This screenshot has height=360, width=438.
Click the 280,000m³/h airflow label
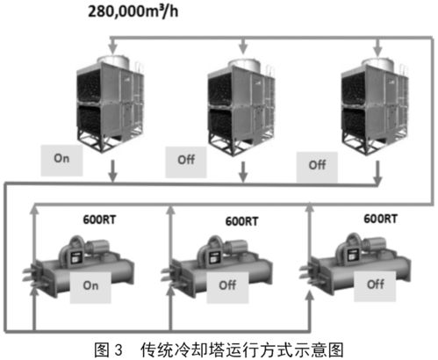[x=133, y=11]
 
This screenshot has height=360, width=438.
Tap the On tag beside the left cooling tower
[x=61, y=161]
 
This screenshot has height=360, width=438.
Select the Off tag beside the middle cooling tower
[x=186, y=162]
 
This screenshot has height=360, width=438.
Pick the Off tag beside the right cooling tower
[x=317, y=167]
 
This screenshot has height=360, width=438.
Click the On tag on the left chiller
[x=90, y=287]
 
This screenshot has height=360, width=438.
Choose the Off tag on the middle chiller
[x=227, y=287]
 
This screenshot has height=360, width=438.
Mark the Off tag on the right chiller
[x=375, y=286]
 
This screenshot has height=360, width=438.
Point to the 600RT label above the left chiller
[x=99, y=220]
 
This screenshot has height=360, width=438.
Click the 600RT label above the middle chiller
[x=241, y=221]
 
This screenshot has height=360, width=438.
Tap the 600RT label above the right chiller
[x=380, y=219]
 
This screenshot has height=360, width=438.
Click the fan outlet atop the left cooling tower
[x=113, y=61]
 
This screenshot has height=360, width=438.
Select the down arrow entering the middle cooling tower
[x=243, y=46]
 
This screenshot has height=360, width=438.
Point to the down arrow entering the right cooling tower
[x=377, y=47]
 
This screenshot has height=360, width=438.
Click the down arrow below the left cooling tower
[x=112, y=171]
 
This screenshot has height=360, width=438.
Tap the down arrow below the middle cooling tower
[x=243, y=172]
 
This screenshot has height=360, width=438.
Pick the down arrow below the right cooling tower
[x=377, y=173]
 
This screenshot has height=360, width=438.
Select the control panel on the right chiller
[x=352, y=254]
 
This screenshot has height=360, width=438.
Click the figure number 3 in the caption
[x=118, y=350]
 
